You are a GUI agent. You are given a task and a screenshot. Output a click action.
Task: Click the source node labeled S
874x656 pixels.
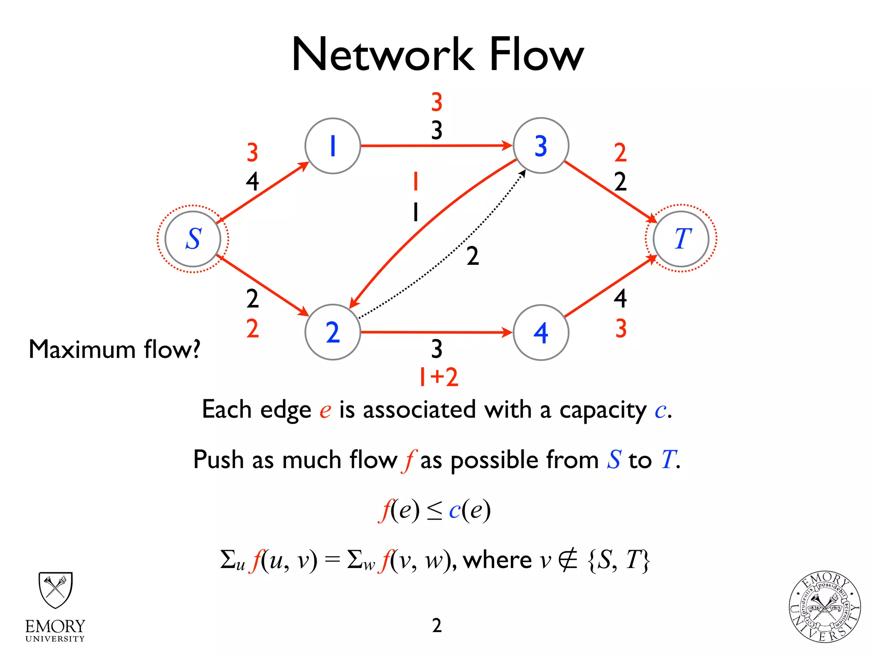coord(193,239)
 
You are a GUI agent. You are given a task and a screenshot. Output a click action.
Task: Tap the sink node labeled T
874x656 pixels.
coord(681,239)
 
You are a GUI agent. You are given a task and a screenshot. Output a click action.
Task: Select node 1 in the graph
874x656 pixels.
coord(332,146)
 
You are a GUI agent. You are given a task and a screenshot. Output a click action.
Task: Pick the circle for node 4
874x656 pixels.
coord(541,332)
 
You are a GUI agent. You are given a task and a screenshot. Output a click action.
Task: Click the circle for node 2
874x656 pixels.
coord(332,332)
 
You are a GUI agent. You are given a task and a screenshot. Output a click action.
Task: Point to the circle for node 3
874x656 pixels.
coord(541,146)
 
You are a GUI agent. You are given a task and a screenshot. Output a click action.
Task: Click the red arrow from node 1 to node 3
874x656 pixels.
coord(435,146)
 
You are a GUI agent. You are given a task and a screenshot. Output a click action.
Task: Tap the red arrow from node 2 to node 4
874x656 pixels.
coord(435,332)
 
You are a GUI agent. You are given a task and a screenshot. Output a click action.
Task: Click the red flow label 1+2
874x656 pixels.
coord(438,377)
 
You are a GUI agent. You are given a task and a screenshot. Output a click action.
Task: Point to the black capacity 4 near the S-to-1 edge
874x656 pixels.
coord(252,182)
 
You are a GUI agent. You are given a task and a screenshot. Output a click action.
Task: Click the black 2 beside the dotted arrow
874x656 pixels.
coord(472,256)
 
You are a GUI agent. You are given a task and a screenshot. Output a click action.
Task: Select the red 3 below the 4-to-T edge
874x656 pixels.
coord(621,329)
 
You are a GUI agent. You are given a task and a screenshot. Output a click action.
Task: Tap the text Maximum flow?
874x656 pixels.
coord(114,349)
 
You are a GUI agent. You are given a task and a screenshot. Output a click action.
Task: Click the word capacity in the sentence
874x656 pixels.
coord(603,410)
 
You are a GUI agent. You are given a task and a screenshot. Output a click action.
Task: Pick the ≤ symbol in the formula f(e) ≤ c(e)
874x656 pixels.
coord(434,511)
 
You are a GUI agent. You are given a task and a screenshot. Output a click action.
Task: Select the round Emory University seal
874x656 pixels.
coord(824,607)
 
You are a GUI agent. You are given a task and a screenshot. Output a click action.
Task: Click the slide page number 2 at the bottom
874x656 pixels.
coord(437,625)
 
